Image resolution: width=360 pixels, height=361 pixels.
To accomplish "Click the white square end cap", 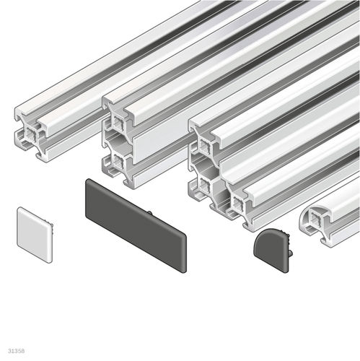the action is [35, 235].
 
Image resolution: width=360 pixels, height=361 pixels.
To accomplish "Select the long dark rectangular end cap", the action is [136, 226].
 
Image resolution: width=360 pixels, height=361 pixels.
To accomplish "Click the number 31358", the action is [16, 351].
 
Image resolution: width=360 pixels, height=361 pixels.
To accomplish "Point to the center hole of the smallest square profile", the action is [32, 134].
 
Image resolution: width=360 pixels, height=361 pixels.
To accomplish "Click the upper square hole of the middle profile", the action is [118, 123].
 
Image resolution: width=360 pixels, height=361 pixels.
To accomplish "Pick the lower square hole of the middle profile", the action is [118, 160].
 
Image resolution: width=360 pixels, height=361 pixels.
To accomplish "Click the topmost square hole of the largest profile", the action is [204, 145].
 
